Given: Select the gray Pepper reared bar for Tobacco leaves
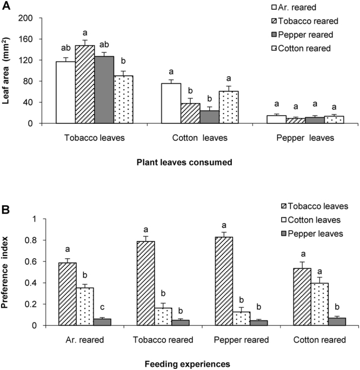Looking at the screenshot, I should point(104,90).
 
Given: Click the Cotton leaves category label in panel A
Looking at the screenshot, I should point(195,138).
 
